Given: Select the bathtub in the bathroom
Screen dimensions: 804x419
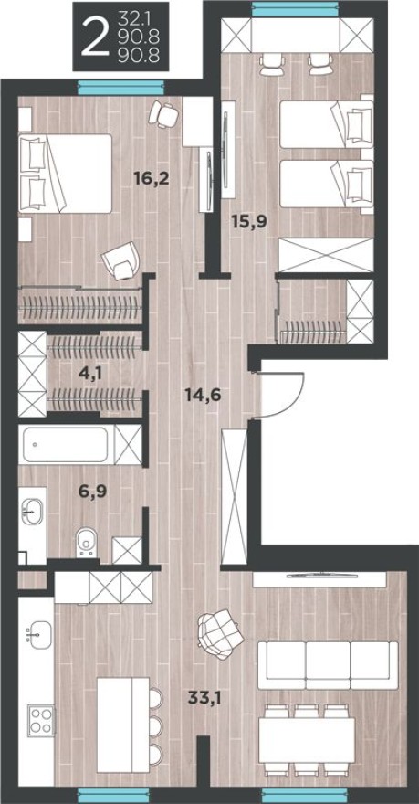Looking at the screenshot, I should pyautogui.click(x=66, y=447).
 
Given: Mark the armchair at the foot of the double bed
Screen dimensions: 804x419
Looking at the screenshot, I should pyautogui.click(x=119, y=262).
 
